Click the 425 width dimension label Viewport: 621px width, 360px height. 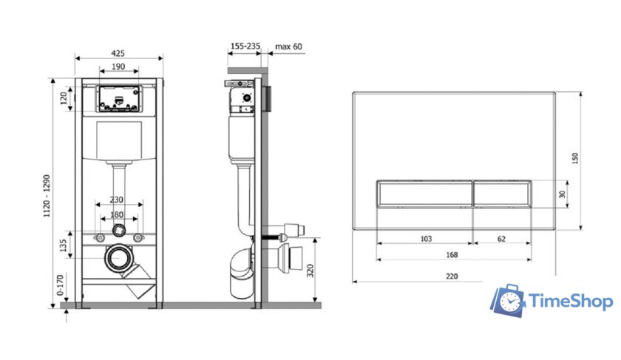118,53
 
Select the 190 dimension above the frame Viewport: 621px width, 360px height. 118,67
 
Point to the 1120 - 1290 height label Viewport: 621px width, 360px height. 47,196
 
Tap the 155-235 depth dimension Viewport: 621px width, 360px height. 245,46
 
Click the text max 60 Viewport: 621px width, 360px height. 288,47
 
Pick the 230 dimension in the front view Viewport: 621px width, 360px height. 117,200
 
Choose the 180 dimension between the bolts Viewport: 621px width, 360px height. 117,214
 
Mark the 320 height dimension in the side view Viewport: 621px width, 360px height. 310,271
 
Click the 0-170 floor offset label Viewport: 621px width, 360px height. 60,285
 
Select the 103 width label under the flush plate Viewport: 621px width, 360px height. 426,239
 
